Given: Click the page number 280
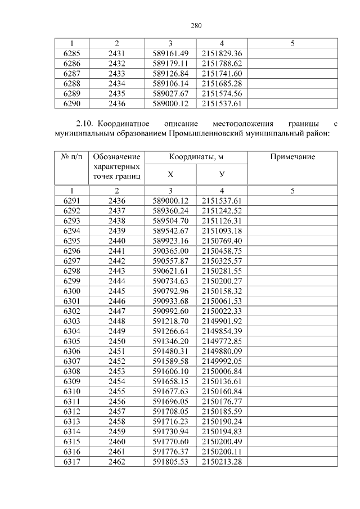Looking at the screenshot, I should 196,25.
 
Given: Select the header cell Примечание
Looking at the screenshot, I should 292,157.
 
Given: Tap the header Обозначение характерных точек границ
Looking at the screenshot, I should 116,167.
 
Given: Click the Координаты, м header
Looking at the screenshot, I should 196,157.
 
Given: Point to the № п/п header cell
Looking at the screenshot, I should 71,157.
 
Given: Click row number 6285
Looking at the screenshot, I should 71,53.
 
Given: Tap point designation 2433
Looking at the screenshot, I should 116,73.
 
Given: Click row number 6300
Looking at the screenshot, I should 71,291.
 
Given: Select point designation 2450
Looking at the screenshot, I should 116,341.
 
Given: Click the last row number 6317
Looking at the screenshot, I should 71,462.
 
